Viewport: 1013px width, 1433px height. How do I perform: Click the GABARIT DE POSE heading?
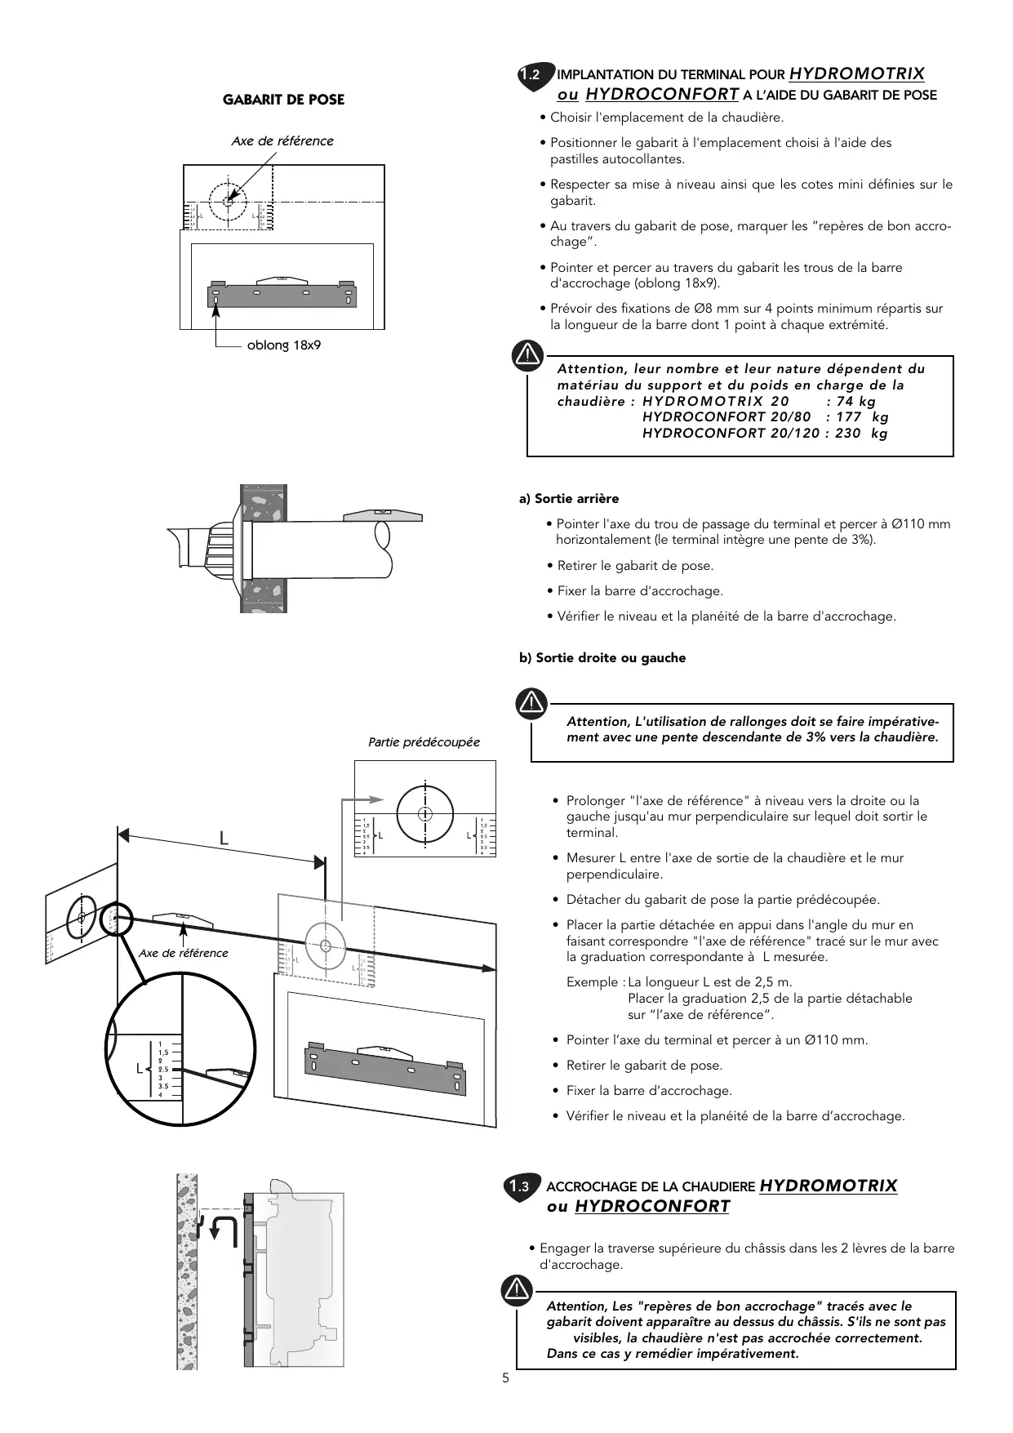[x=283, y=100]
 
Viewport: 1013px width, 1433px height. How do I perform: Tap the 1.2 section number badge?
[x=532, y=75]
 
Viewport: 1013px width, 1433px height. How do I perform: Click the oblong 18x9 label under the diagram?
[x=284, y=345]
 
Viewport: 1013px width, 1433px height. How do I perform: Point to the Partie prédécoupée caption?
[x=424, y=742]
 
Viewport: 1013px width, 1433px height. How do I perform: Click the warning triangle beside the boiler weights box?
[x=529, y=354]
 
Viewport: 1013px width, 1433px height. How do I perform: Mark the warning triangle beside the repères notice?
[x=518, y=1289]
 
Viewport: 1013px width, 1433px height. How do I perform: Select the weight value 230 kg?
[x=860, y=433]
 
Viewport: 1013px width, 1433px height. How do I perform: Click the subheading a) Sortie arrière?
[x=569, y=499]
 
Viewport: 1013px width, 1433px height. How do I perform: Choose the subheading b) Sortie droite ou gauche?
[x=602, y=658]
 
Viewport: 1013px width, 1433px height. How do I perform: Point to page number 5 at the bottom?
[x=506, y=1378]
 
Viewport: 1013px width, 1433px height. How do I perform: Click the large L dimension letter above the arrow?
[x=223, y=839]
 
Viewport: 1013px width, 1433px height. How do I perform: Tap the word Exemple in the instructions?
[x=593, y=982]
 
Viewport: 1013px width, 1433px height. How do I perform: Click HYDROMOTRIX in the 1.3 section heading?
[x=828, y=1186]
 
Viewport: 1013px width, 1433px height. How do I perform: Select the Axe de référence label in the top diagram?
[x=282, y=141]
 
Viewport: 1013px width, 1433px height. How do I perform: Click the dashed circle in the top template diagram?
[x=229, y=200]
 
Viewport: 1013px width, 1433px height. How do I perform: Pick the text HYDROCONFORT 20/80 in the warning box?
[x=726, y=417]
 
